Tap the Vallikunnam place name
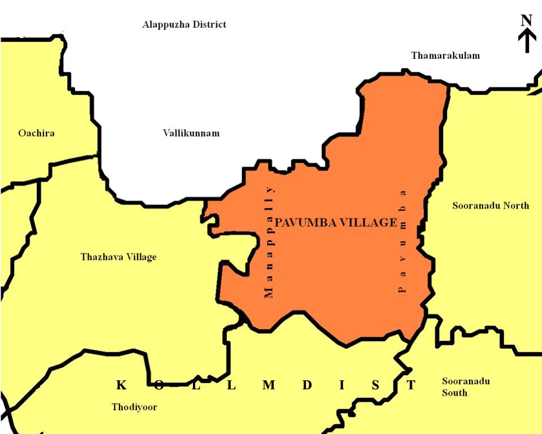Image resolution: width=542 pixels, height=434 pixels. click(191, 133)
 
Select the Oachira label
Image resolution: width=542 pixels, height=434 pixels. click(36, 133)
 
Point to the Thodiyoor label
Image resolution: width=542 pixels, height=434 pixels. click(134, 407)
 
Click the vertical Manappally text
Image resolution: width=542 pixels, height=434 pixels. click(269, 241)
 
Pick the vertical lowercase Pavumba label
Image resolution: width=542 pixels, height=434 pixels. click(403, 241)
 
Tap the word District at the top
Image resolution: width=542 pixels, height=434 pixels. click(207, 24)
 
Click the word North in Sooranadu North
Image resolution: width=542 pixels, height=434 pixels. click(517, 206)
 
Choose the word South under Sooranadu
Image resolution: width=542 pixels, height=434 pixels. click(454, 392)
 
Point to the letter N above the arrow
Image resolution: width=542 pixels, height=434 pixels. click(527, 20)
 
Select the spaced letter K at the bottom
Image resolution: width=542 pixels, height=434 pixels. click(121, 385)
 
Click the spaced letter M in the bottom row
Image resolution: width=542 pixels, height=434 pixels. click(269, 385)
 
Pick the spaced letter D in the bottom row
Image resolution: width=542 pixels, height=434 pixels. click(307, 385)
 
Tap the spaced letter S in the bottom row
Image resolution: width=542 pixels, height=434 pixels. click(376, 385)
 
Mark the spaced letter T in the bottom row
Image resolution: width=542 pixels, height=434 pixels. click(411, 385)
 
